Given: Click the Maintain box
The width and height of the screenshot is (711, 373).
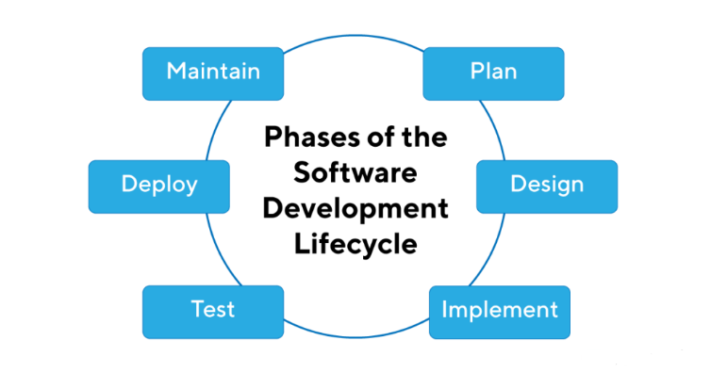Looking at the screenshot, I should tap(213, 73).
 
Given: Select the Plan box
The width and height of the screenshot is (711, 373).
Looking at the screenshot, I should tap(493, 73).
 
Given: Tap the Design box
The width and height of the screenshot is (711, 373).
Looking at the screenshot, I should tap(547, 186).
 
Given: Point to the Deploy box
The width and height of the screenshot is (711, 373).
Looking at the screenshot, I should tap(159, 186).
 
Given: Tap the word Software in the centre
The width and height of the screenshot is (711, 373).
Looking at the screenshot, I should tap(355, 173).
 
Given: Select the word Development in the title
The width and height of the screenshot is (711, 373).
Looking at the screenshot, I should tap(355, 208).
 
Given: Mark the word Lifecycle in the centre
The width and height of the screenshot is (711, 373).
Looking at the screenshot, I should tap(355, 244).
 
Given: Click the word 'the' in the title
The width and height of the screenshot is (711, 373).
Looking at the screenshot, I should tap(426, 138).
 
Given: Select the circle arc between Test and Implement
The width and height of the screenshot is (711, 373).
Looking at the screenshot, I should tap(354, 336).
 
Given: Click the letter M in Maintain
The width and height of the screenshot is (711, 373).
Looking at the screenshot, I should tap(176, 72).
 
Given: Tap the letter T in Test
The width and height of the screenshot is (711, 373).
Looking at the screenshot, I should tap(196, 309).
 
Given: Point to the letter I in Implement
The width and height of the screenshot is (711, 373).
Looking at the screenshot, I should tap(444, 309).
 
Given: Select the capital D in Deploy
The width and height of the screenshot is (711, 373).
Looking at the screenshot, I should tap(129, 184).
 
